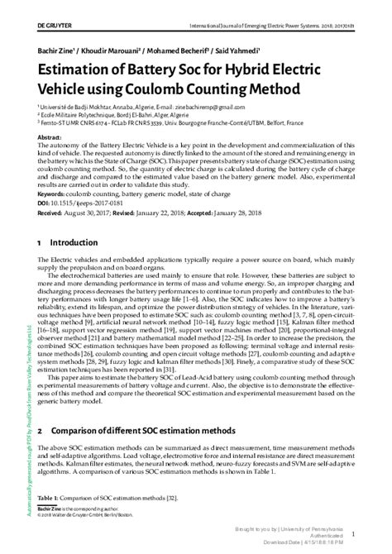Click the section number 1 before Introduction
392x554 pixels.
[39, 244]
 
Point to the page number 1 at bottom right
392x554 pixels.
[377, 535]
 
